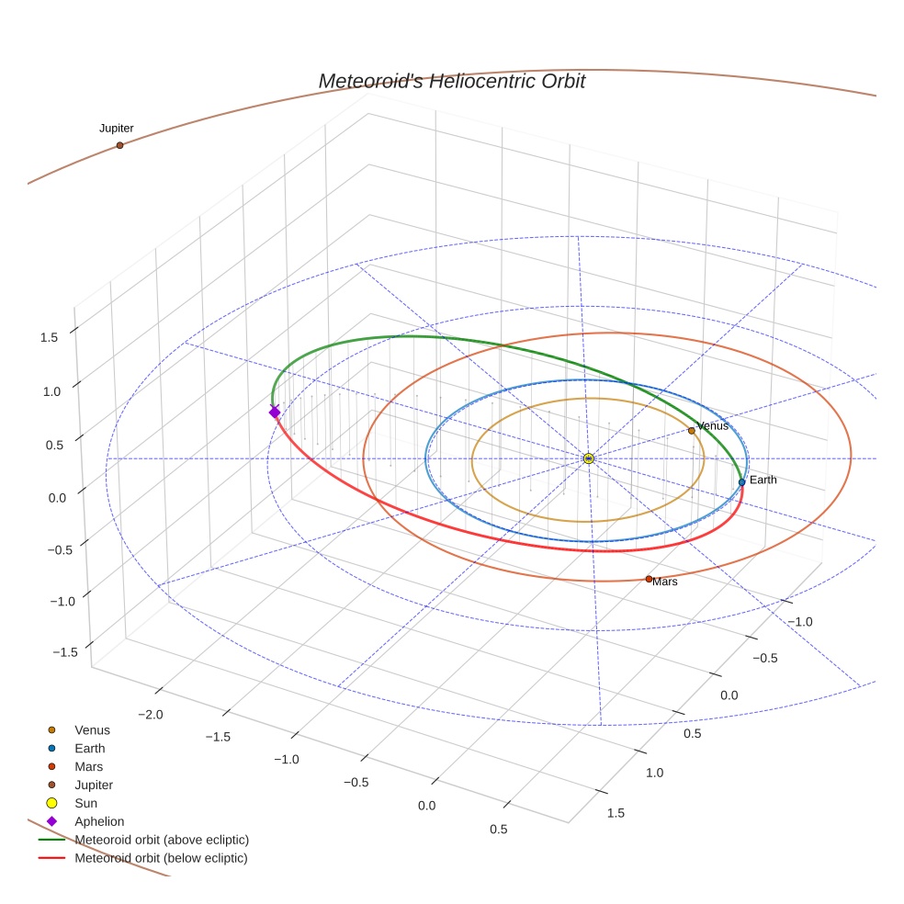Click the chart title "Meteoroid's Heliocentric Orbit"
[x=451, y=81]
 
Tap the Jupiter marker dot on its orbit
[x=119, y=145]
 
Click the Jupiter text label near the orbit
[x=117, y=128]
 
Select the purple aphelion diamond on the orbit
[x=274, y=412]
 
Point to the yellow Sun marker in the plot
[x=589, y=458]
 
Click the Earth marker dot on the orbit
[x=741, y=482]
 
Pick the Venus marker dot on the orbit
[x=691, y=431]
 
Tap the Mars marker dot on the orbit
[x=649, y=579]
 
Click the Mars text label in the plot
[x=665, y=582]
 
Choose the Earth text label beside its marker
[x=763, y=480]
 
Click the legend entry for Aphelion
[x=99, y=821]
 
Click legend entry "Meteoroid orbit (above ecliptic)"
[x=162, y=840]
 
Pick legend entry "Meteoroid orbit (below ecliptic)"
[x=161, y=858]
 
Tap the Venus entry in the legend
[x=92, y=730]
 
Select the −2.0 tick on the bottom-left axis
[x=150, y=715]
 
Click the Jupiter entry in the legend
[x=94, y=785]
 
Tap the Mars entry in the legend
[x=89, y=767]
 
